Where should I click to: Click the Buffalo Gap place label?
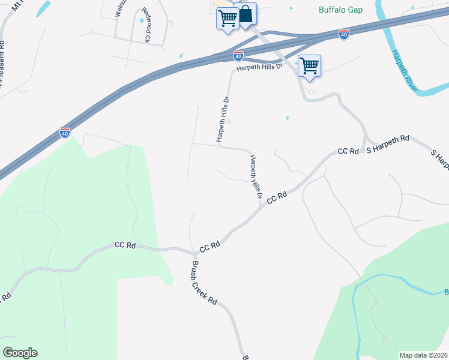pyautogui.click(x=340, y=10)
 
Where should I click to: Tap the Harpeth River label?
pyautogui.click(x=404, y=71)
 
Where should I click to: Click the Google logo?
pyautogui.click(x=20, y=352)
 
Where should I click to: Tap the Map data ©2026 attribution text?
pyautogui.click(x=423, y=355)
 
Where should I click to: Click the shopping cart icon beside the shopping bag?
pyautogui.click(x=228, y=19)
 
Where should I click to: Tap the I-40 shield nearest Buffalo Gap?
pyautogui.click(x=344, y=34)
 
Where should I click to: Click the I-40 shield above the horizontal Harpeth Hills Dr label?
pyautogui.click(x=238, y=56)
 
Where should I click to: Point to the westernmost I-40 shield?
pyautogui.click(x=65, y=132)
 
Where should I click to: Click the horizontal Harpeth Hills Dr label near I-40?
pyautogui.click(x=259, y=68)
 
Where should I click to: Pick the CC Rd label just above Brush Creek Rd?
pyautogui.click(x=210, y=247)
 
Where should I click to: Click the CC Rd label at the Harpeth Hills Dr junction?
pyautogui.click(x=277, y=197)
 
